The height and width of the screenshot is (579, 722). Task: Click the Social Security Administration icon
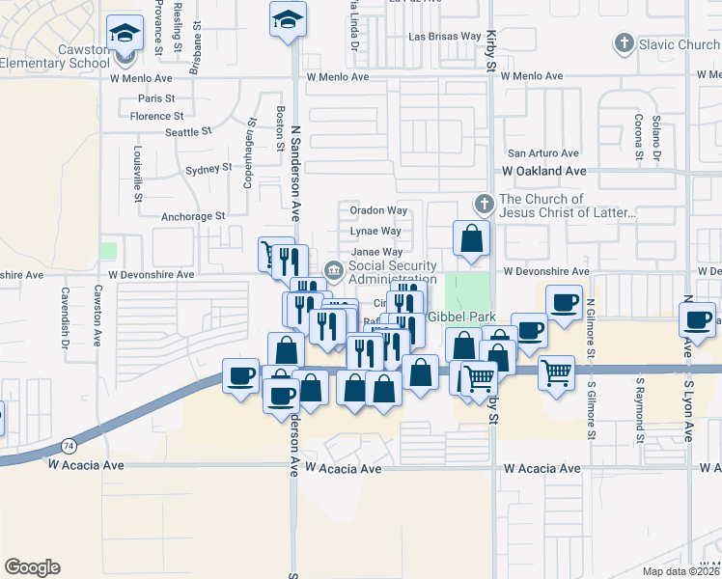point(334,269)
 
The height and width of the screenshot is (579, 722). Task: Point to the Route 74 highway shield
point(67,446)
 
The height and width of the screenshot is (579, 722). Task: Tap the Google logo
point(32,567)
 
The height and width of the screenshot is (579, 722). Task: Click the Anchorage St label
point(193,217)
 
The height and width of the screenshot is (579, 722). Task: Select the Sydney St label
point(208,168)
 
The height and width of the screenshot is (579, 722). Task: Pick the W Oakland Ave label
point(543,171)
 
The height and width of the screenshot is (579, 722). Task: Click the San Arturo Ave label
point(543,152)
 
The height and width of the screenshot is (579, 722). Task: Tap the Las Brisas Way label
point(445,37)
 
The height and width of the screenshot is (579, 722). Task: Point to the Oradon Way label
point(377,210)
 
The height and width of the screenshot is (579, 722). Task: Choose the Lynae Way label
point(376,232)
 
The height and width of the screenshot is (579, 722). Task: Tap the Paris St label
point(155,98)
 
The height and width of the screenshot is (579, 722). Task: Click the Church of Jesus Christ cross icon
point(485,204)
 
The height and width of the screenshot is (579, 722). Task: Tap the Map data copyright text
point(680,571)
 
